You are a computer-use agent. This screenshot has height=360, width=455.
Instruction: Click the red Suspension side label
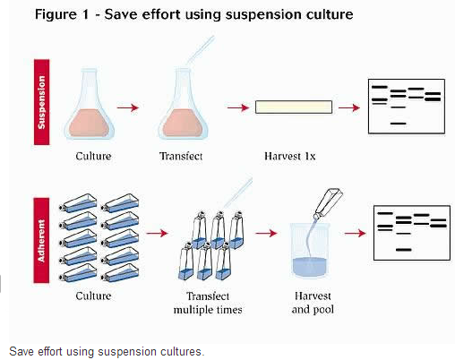(41, 102)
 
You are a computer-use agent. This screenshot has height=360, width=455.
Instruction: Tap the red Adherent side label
(41, 240)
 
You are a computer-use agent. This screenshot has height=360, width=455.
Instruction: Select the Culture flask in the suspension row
(89, 104)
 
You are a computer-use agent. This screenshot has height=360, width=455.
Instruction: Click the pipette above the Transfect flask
(200, 50)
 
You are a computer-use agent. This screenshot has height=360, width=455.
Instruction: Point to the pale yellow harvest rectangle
(294, 107)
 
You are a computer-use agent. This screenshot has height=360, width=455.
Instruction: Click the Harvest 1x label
(289, 156)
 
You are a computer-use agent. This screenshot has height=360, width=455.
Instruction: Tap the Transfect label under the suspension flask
(181, 156)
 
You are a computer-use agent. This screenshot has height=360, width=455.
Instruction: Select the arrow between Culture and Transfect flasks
(128, 107)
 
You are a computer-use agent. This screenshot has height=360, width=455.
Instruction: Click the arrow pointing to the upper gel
(349, 107)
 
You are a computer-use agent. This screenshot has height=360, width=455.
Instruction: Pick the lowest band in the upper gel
(399, 124)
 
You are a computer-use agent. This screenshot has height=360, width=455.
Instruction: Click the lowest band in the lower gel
(404, 250)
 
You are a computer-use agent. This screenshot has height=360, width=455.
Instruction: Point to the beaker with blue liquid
(310, 250)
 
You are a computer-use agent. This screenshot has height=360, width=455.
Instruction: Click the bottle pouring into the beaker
(328, 203)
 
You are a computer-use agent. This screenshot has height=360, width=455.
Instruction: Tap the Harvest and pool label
(313, 303)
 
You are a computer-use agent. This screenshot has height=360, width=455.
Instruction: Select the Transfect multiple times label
(208, 303)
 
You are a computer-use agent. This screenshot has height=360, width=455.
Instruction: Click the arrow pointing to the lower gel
(356, 233)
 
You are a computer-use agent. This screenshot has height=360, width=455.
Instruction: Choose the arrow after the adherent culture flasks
(158, 233)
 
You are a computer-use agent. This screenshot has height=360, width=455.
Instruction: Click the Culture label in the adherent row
(93, 296)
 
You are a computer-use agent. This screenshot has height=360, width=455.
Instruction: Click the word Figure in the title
(56, 14)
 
